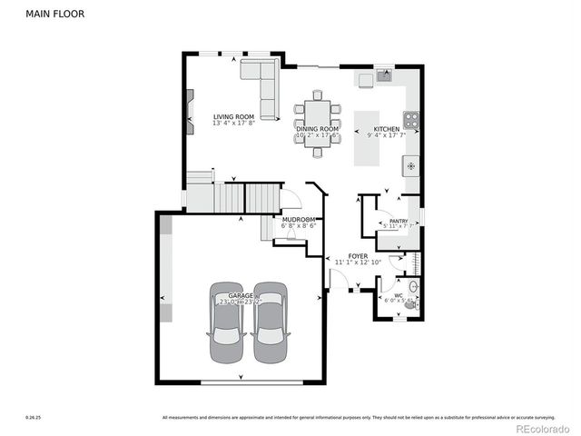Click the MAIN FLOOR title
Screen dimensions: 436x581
coord(50,14)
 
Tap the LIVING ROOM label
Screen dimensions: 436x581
coord(233,116)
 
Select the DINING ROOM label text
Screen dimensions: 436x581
coord(317,129)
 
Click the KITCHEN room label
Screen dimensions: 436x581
coord(387,129)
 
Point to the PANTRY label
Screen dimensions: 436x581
coord(398,221)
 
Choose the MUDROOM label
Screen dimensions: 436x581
coord(298,220)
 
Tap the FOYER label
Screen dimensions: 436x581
coord(358,256)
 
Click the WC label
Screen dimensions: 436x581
coord(398,294)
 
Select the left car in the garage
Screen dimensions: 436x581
coord(226,323)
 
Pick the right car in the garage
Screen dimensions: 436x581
coord(270,323)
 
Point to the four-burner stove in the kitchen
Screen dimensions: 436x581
coord(411,119)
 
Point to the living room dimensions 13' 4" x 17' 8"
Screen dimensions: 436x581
coord(233,124)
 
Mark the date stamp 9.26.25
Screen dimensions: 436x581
coord(34,418)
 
